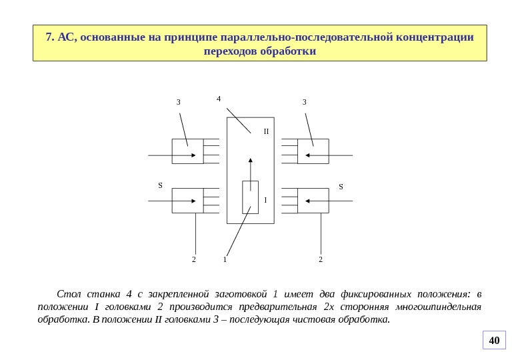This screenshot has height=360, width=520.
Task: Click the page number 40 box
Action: point(494,341)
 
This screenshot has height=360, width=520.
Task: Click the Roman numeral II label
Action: point(265,131)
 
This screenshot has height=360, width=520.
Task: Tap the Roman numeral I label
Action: point(265,200)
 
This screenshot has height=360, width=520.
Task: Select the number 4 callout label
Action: point(219,99)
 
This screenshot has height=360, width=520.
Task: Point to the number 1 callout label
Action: point(225,259)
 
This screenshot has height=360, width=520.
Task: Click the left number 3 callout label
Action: point(178,103)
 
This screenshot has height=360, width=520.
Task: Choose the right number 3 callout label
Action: point(304,103)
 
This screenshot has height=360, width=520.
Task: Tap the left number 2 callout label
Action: point(194,259)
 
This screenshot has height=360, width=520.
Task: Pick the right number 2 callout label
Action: point(320,259)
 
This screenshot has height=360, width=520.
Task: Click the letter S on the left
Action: point(160,186)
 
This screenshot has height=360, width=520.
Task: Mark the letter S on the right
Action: point(341,187)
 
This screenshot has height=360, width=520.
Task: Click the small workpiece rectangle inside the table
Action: point(250,197)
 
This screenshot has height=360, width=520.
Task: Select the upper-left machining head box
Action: point(187,151)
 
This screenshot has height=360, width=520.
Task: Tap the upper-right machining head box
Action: point(313,151)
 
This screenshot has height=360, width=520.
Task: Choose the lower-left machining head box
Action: point(187,201)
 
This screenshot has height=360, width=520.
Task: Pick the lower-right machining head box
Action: point(313,201)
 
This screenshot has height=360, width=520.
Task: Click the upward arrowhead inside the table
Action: point(251,161)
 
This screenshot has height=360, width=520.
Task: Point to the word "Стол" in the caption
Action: point(69,294)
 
